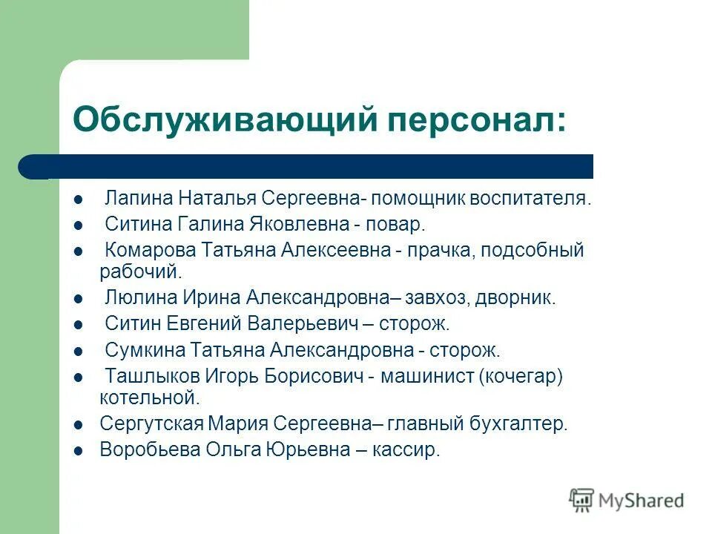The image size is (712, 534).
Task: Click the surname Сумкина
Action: click(145, 349)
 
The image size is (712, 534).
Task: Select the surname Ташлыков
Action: click(149, 375)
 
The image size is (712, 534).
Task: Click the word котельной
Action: click(149, 398)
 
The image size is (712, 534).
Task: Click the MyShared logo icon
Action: click(582, 500)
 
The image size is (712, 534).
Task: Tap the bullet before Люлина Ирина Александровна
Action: click(79, 299)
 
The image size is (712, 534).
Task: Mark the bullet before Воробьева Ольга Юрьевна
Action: click(79, 450)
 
